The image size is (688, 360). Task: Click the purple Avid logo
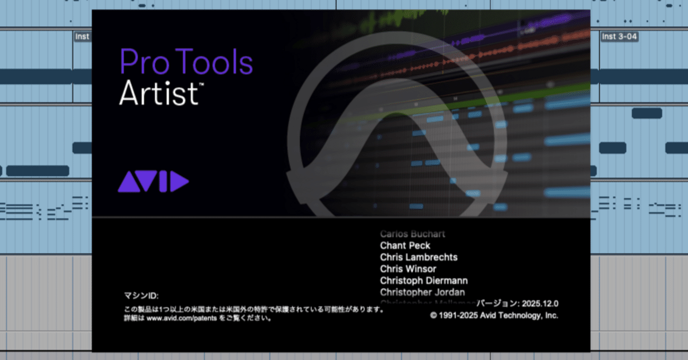click(153, 182)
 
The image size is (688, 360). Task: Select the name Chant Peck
click(405, 246)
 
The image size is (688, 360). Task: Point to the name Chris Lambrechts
click(419, 257)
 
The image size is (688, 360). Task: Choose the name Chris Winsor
click(408, 269)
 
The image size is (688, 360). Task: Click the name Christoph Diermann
click(424, 280)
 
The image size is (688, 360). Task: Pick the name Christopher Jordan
click(422, 292)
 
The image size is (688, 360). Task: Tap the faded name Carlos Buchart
click(412, 234)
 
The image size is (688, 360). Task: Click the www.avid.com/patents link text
click(174, 318)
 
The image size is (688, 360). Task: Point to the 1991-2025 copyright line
click(494, 315)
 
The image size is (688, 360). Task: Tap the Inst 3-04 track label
click(619, 37)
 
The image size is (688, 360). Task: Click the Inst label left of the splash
click(82, 37)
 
